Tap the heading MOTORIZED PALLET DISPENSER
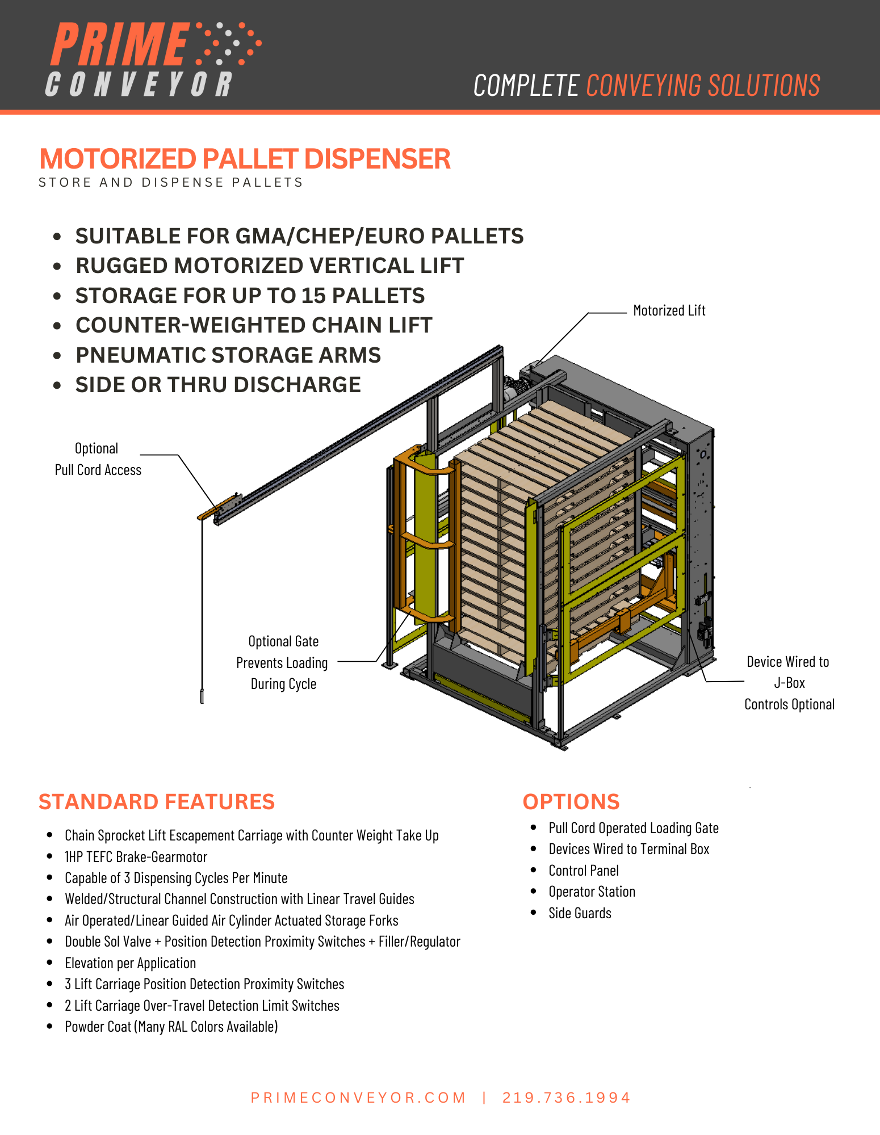(245, 159)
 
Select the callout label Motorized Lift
(669, 310)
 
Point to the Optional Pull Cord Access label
(98, 459)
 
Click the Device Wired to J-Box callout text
(789, 683)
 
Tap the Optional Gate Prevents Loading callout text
(283, 662)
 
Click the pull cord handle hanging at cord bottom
(202, 696)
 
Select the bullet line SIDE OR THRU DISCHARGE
(218, 385)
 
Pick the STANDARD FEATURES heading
(157, 802)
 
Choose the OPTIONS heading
(571, 802)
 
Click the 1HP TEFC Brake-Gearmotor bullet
(136, 857)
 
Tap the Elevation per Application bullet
(130, 963)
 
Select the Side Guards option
(580, 913)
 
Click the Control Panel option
(583, 871)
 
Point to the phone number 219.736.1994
(566, 1098)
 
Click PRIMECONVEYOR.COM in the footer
(358, 1098)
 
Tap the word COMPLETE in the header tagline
(526, 86)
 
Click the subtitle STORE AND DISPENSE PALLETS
(170, 183)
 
